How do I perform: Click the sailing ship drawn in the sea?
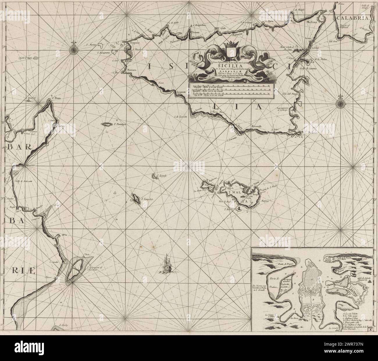click(x=167, y=263)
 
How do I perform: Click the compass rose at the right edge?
click(x=340, y=102)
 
